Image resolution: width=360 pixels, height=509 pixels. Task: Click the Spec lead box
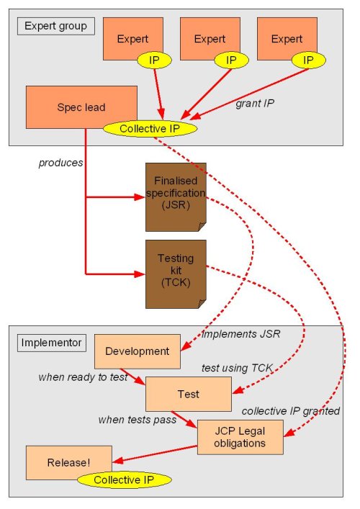coord(81,107)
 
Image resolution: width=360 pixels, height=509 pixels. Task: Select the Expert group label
coord(55,27)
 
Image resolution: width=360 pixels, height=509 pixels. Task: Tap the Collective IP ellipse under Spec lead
coord(150,129)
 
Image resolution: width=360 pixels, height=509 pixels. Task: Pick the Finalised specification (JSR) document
coord(176,194)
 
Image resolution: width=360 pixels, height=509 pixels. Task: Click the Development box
coord(137,351)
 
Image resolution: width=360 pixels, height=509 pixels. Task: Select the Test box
coord(188,394)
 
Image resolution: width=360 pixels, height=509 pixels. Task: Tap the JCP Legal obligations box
coord(240,436)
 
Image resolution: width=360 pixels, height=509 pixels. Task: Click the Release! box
coord(68,459)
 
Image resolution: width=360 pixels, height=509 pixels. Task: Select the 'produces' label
coord(60,163)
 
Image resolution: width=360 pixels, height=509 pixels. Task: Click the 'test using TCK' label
coord(237,367)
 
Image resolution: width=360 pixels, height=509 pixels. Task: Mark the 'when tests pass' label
coord(138,420)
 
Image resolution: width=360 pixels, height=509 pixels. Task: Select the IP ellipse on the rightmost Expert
coord(308,60)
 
